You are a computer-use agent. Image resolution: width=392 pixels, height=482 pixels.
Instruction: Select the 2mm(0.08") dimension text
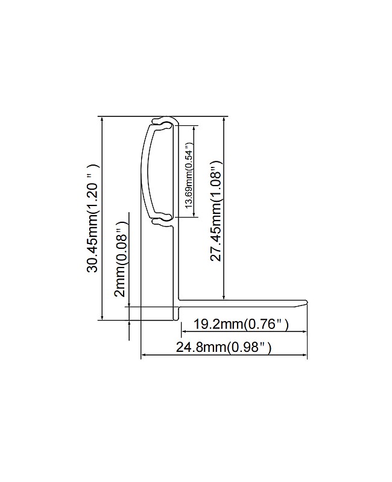121,259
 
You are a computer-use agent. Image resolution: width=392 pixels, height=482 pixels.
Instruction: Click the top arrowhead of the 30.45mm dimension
103,119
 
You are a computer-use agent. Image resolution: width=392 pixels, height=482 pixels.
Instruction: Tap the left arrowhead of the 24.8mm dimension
144,355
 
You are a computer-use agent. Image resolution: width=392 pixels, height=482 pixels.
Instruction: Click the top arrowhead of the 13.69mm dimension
195,127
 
